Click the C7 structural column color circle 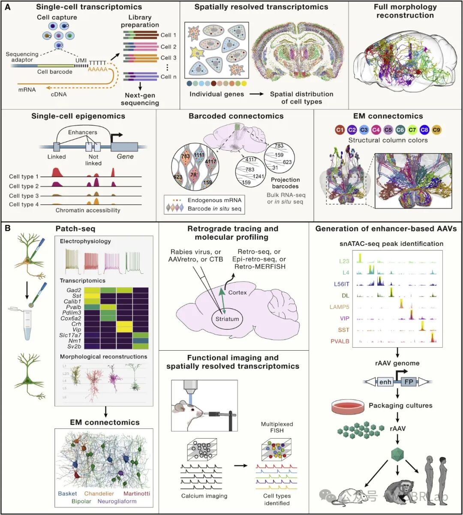(412, 130)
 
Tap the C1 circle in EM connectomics (340, 130)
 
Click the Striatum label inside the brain (227, 318)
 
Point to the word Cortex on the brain (238, 292)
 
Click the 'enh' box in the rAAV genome (385, 382)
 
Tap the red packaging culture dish (346, 406)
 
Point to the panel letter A (7, 7)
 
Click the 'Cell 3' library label (168, 58)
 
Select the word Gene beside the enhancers (125, 157)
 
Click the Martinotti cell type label (137, 494)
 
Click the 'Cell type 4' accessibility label (24, 204)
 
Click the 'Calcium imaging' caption (204, 496)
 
